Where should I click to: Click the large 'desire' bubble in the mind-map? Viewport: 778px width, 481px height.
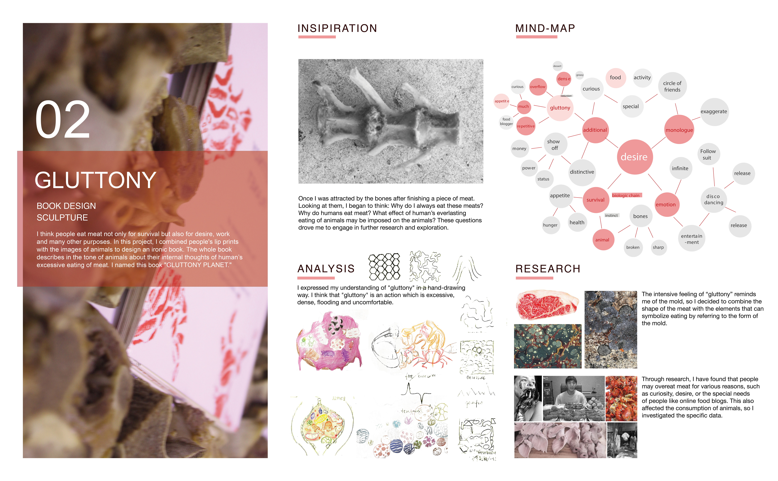coord(634,157)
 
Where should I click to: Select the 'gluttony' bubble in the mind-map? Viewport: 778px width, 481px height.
coord(560,108)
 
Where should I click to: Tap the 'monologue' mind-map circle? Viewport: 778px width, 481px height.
coord(679,130)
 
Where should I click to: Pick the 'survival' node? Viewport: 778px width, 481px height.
coord(595,200)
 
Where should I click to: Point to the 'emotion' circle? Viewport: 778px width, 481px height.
coord(666,205)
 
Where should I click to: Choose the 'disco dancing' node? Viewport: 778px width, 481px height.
coord(713,199)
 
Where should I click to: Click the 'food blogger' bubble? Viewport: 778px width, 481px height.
coord(506,121)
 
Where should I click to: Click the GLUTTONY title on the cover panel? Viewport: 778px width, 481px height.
coord(95,180)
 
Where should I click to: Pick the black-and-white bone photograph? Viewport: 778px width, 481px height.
coord(391,121)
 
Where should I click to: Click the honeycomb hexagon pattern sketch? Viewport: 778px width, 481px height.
coord(384,267)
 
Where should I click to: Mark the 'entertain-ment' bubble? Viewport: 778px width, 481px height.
coord(692,239)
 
